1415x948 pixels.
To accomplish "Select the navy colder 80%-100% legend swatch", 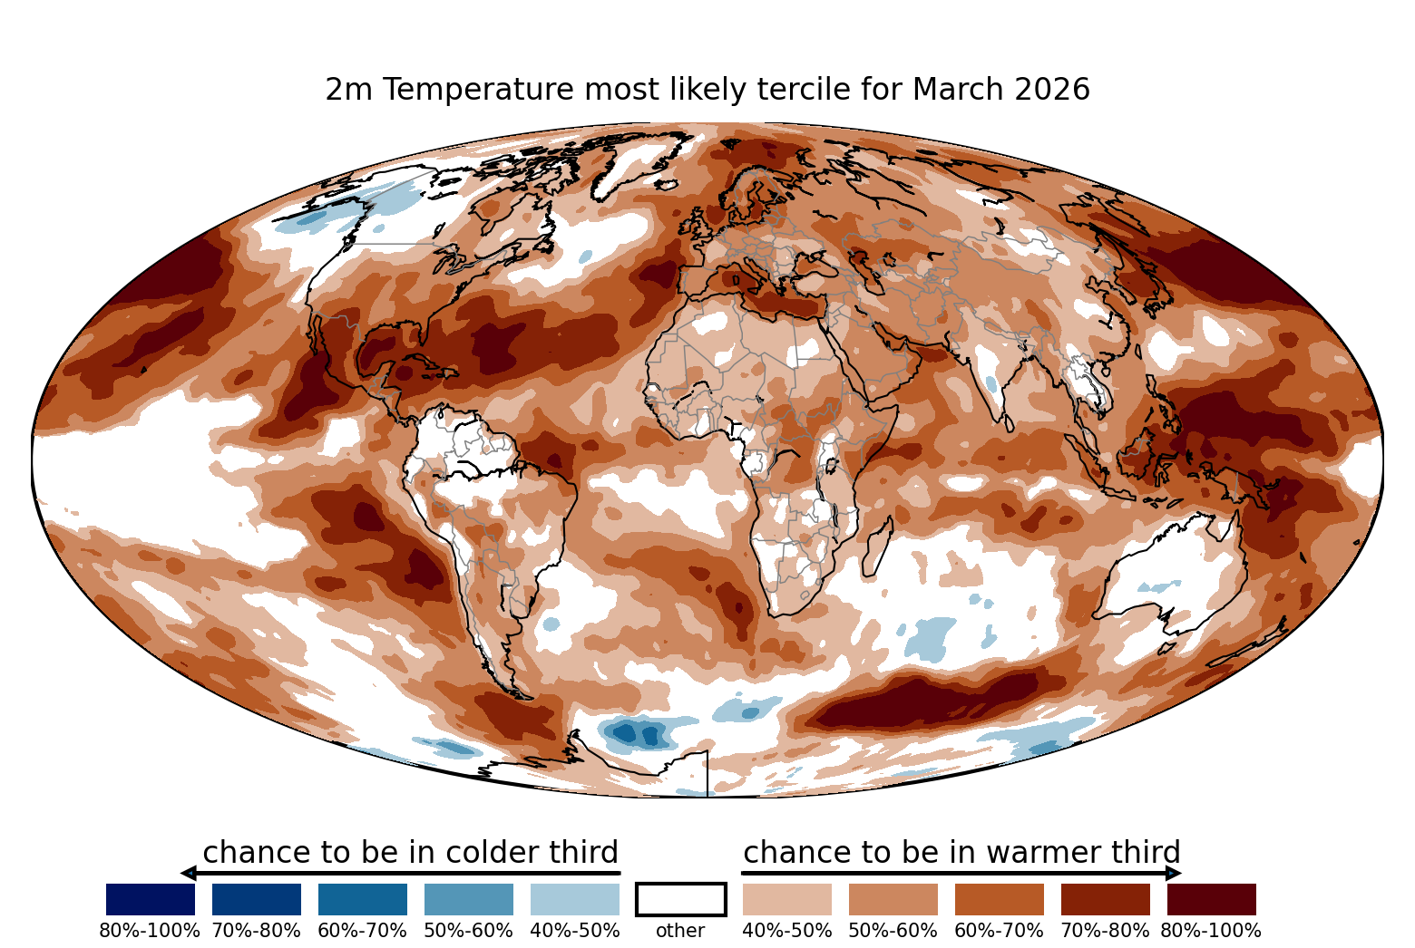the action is click(x=151, y=899).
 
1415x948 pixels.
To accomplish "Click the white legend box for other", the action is click(x=681, y=899).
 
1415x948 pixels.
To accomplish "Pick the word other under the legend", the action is click(x=680, y=931).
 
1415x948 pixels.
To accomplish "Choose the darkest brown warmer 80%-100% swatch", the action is click(x=1212, y=899).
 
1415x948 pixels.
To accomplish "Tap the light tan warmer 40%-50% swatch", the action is click(x=787, y=899).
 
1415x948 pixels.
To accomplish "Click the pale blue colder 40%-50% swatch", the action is click(x=575, y=899).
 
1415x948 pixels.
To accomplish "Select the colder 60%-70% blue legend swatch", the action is click(x=363, y=899).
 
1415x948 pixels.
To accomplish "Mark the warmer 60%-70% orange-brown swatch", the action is click(x=1000, y=899).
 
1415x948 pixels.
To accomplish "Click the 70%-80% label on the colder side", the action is click(x=257, y=931).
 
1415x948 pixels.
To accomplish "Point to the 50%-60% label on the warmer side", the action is click(x=893, y=931).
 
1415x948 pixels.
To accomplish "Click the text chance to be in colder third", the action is click(x=411, y=852).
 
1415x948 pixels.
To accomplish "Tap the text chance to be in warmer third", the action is click(x=962, y=852).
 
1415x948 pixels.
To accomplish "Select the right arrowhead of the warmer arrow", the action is click(x=1174, y=874).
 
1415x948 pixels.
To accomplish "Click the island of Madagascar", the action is click(x=877, y=547).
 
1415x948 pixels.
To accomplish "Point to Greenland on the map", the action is click(x=638, y=161).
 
